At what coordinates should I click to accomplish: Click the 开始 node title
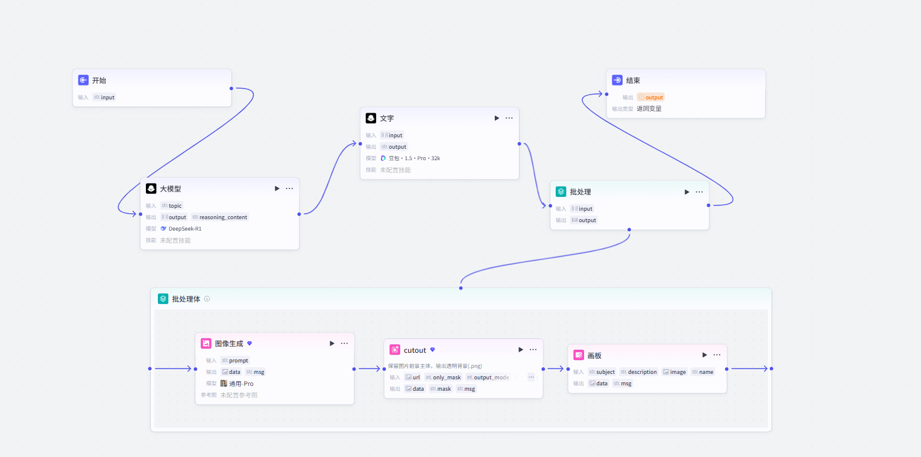[x=99, y=81]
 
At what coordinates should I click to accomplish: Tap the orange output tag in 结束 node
[x=650, y=98]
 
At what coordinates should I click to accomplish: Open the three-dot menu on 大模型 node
[x=289, y=188]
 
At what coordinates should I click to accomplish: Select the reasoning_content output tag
[x=220, y=217]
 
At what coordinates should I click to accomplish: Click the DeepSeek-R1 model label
[x=184, y=229]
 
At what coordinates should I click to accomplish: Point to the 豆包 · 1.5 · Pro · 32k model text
[x=414, y=158]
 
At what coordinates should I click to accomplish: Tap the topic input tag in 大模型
[x=172, y=206]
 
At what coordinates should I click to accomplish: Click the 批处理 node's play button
[x=687, y=191]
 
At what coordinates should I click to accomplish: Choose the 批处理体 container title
[x=186, y=299]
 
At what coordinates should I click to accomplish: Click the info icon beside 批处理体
[x=207, y=299]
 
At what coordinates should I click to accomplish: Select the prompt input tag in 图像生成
[x=235, y=361]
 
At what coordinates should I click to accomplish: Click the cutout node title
[x=415, y=350]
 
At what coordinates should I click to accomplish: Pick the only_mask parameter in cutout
[x=443, y=378]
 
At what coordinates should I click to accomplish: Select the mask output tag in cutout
[x=441, y=389]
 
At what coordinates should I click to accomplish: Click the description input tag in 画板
[x=638, y=372]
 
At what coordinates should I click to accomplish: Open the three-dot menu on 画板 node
[x=717, y=355]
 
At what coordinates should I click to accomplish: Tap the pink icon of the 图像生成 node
[x=206, y=343]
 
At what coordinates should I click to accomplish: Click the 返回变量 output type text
[x=649, y=109]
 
